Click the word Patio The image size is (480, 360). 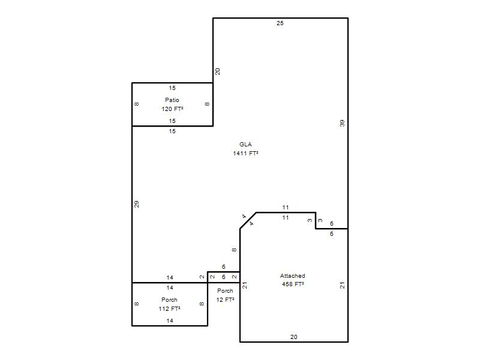point(172,100)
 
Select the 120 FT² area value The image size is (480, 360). point(172,109)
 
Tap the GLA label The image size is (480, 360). point(245,144)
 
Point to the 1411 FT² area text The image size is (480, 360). point(245,153)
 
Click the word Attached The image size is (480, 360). point(292,275)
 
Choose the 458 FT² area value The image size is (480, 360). point(293,284)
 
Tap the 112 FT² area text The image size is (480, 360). point(169,308)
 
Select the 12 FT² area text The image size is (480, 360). point(225,299)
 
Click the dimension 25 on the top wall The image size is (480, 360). point(280,23)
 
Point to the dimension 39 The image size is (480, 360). point(342,123)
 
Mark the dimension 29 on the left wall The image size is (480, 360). point(137,204)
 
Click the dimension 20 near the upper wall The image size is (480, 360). point(217,71)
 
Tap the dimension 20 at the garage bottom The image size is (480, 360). point(293,337)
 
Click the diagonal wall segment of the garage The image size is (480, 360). point(248,220)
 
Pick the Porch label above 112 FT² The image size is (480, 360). point(169,299)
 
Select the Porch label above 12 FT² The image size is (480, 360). point(225,290)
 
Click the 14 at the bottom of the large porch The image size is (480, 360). point(170,320)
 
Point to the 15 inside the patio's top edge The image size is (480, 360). point(172,88)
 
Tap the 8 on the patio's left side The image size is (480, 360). point(137,104)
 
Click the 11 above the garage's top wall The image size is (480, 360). point(286,207)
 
